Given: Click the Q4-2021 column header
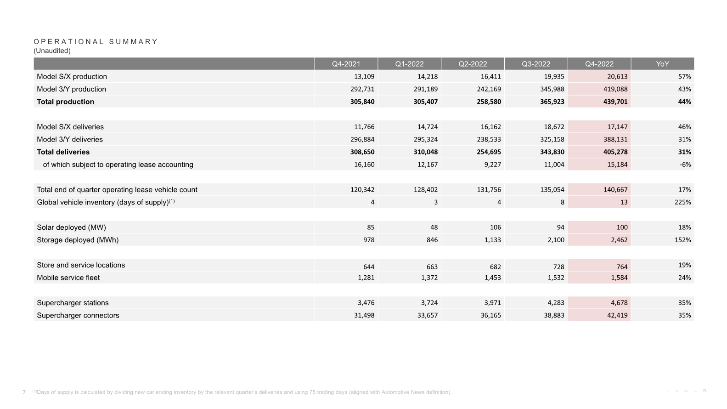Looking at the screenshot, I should [346, 64].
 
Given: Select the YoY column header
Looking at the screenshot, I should [662, 64].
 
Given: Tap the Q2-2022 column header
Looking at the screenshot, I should [473, 64].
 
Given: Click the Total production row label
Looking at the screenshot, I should [65, 102].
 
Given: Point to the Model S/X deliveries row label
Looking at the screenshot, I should [70, 127].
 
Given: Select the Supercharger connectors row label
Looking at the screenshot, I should [78, 315].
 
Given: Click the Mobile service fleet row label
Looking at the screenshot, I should [68, 278].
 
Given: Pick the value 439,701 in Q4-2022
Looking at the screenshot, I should [615, 102].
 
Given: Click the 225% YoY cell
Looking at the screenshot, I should [682, 202].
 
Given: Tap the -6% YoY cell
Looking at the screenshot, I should [685, 165].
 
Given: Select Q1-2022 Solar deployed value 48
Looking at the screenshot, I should [434, 227].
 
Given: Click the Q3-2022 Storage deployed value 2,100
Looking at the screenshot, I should [556, 240].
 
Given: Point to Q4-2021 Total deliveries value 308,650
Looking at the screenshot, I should [362, 152].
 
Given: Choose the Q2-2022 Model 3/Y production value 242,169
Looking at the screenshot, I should [489, 89].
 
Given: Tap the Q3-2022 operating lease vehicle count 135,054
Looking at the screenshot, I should [552, 190].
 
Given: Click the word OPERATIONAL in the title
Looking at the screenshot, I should [69, 41].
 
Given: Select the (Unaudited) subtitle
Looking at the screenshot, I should [52, 51].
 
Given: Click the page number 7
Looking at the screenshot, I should [24, 392].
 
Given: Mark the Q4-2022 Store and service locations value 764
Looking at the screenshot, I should [622, 267].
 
